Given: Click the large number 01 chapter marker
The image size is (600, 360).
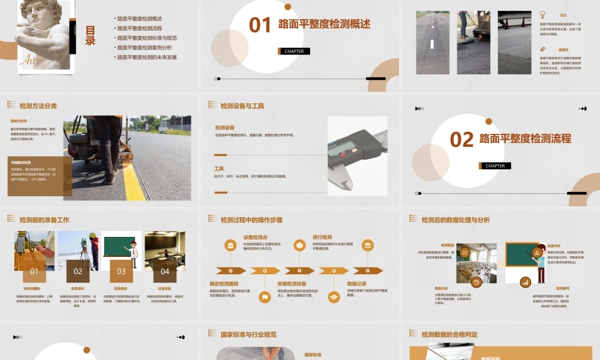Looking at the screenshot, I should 260,25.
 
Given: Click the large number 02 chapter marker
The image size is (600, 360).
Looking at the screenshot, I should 461,139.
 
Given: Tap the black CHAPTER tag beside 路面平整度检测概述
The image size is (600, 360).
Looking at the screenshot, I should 294,51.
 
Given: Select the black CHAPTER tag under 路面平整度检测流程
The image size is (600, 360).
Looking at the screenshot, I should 495,166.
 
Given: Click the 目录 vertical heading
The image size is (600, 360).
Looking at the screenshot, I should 91,36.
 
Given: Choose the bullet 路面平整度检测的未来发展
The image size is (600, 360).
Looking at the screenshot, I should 146,57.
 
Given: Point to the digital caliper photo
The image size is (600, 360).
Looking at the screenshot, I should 358,155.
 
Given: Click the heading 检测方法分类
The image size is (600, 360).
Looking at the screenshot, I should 38,106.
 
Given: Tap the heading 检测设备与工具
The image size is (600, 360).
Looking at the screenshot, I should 242,106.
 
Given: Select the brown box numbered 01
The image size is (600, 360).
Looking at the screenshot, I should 34,271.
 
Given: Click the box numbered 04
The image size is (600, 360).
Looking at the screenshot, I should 165,271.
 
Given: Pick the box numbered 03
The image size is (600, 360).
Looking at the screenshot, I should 121,271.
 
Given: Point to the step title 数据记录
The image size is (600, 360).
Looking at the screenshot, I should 356,283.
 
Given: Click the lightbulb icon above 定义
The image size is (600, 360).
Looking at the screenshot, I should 542,14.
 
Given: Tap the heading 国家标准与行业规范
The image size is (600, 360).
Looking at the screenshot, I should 248,334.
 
